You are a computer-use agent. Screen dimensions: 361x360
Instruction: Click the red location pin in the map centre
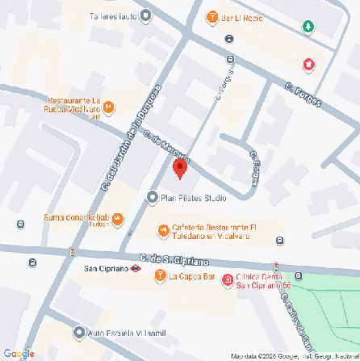[179, 168]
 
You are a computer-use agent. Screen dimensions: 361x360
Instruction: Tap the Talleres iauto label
[111, 15]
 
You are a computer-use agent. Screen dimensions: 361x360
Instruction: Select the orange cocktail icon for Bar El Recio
[211, 18]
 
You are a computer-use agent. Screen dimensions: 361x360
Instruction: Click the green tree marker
[308, 27]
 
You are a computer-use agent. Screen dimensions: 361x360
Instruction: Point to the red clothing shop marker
[308, 65]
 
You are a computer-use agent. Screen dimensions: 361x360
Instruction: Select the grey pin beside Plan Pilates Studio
[152, 197]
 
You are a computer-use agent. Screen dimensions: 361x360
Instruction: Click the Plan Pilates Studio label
[194, 198]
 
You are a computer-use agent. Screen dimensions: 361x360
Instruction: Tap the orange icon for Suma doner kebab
[118, 218]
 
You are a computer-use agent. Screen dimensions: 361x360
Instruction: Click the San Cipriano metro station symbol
[137, 267]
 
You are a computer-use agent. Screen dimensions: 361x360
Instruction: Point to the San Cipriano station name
[107, 267]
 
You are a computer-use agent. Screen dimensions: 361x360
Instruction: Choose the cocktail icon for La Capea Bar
[159, 277]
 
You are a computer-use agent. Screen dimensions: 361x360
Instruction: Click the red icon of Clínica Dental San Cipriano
[227, 280]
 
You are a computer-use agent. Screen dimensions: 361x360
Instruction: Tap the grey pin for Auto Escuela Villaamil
[77, 332]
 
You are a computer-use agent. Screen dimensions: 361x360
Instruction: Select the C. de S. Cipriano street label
[173, 258]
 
